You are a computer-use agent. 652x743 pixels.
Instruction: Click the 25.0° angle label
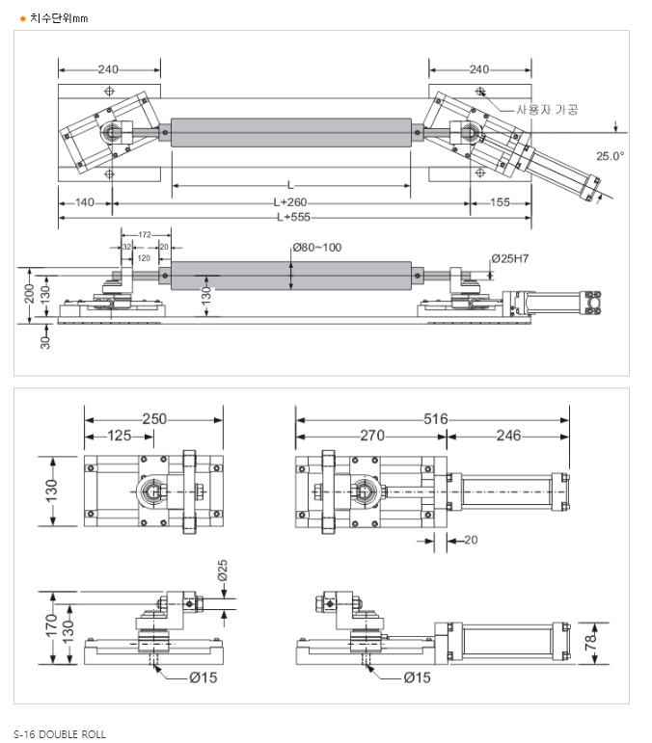tap(610, 155)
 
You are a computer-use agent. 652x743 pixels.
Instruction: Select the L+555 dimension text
tap(292, 217)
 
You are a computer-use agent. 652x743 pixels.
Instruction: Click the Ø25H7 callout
tap(512, 258)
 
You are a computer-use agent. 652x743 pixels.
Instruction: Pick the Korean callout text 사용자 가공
tap(547, 110)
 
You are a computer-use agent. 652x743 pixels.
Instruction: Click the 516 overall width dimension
tap(435, 419)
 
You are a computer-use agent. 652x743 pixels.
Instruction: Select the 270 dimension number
tap(371, 436)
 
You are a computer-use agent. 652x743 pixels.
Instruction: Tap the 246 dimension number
tap(508, 436)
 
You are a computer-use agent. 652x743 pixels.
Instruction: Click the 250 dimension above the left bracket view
tap(154, 419)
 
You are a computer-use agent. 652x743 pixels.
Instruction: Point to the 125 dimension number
tap(119, 436)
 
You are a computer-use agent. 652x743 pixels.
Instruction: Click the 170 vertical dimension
tap(51, 622)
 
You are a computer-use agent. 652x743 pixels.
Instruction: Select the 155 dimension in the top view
tap(500, 202)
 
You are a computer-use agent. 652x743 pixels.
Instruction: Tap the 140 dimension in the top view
tap(85, 202)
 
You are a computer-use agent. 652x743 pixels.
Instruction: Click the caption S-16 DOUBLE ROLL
tap(60, 734)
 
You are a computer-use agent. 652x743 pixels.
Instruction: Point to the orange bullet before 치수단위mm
tap(22, 17)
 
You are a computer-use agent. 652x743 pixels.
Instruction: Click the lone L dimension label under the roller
tap(290, 184)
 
